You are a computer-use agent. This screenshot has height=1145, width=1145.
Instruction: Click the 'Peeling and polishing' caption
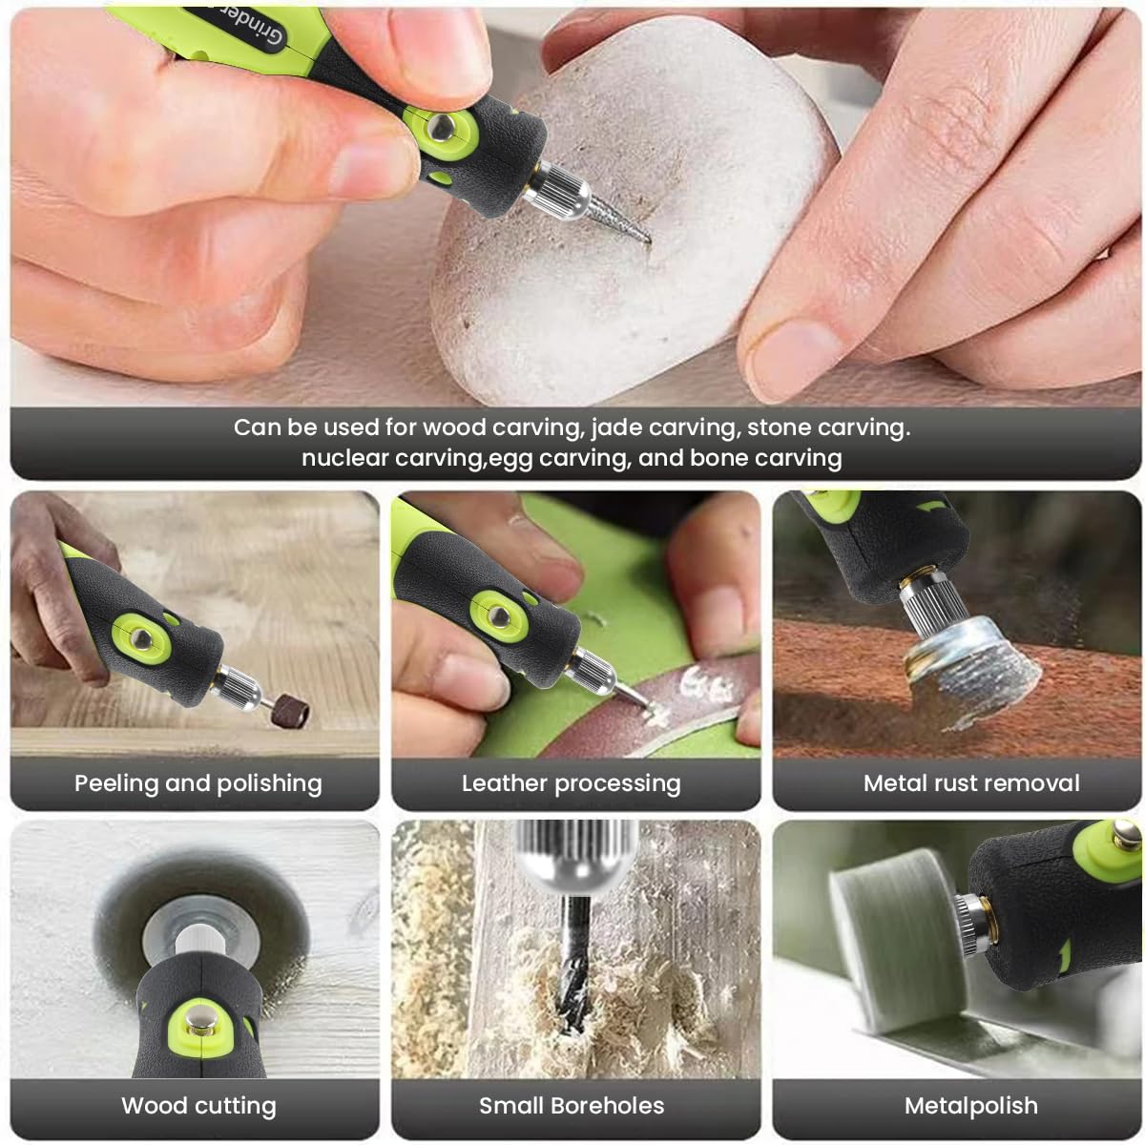(198, 783)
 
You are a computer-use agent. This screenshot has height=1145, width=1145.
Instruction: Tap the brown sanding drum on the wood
(291, 709)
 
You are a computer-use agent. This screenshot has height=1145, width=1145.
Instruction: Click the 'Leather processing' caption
(571, 783)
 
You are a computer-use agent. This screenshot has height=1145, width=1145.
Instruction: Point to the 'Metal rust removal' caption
(971, 783)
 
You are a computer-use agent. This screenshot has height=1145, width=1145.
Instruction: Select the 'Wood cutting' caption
(198, 1106)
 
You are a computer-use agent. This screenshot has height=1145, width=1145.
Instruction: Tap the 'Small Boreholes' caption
(571, 1106)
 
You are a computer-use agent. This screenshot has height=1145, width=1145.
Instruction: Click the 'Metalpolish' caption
(971, 1106)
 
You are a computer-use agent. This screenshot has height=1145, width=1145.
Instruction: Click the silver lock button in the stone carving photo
(441, 128)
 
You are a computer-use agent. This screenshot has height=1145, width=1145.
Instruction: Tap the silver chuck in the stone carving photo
(555, 190)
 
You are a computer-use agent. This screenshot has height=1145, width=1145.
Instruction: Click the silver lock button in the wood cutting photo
(198, 1022)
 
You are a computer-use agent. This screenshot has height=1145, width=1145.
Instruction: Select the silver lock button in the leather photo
(498, 616)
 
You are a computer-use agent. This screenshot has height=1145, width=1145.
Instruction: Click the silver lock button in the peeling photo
(141, 638)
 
